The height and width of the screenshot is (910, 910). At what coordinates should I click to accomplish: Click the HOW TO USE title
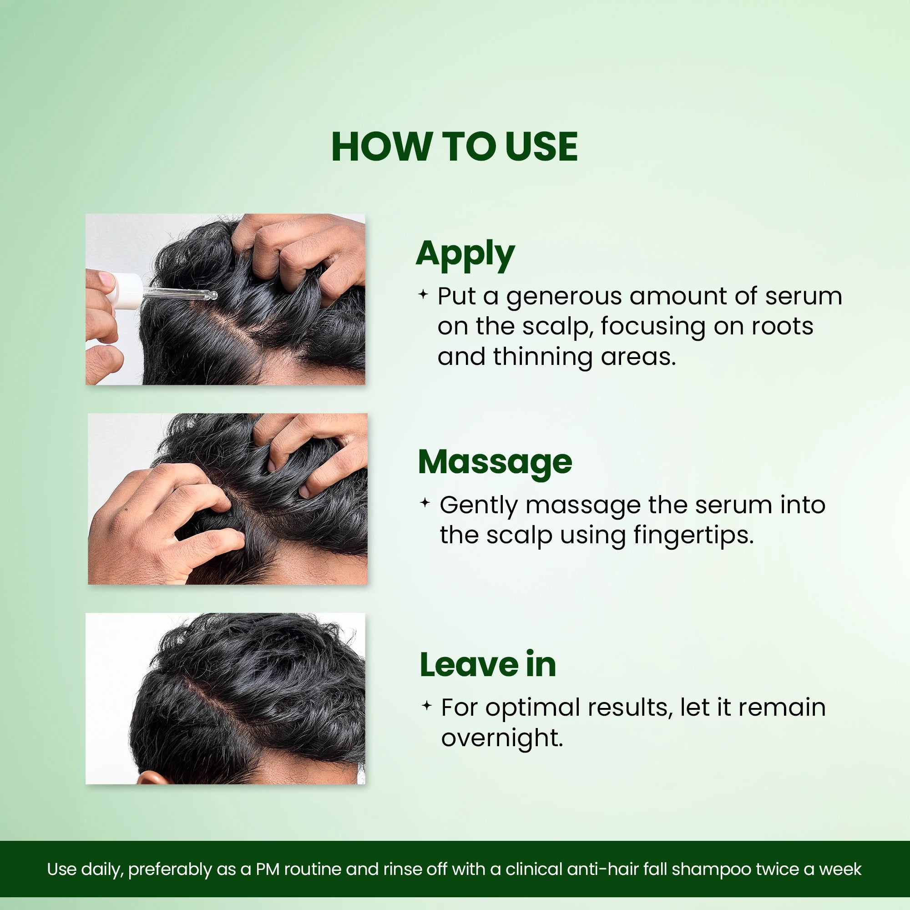455,147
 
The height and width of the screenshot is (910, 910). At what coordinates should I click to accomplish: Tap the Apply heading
465,254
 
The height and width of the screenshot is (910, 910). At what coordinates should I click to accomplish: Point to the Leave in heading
487,665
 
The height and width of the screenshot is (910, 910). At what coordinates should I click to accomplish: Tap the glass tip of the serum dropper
212,296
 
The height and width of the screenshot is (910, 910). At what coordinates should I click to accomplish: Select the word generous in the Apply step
564,297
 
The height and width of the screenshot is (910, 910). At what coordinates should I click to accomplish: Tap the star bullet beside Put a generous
423,295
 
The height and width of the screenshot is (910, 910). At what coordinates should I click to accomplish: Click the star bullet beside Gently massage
425,503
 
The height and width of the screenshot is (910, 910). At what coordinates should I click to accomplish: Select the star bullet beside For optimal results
426,706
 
